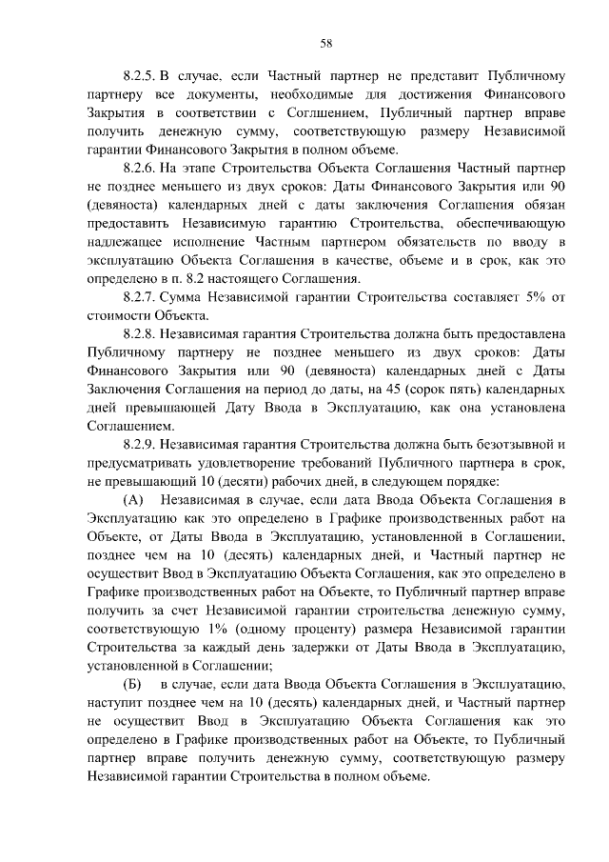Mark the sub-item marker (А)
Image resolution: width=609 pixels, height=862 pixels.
[133, 500]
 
